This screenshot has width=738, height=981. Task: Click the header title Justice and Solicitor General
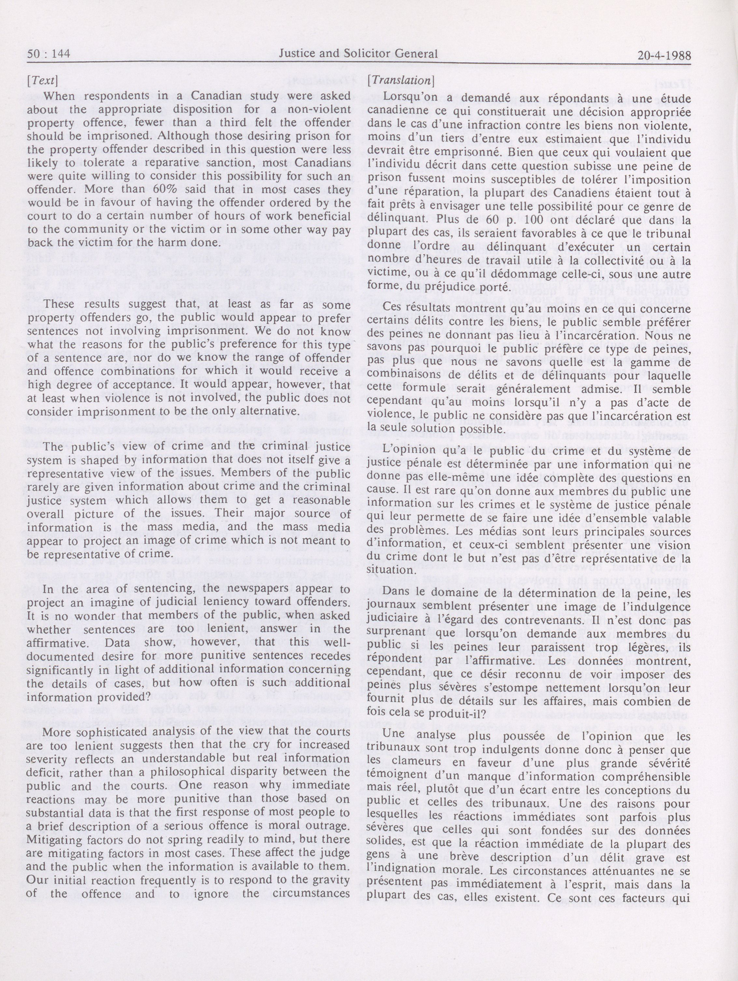[x=358, y=54]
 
